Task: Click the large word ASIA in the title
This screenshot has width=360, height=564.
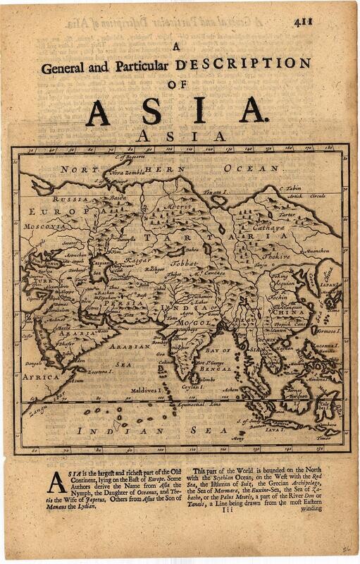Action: pyautogui.click(x=176, y=111)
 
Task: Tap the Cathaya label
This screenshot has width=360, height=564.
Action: pyautogui.click(x=290, y=228)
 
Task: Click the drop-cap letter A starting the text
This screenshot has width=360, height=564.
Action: pyautogui.click(x=56, y=481)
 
